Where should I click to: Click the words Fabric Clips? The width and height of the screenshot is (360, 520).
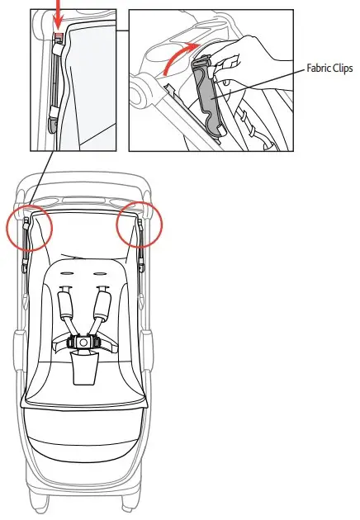click(329, 69)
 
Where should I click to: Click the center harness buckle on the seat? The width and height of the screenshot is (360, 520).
click(83, 340)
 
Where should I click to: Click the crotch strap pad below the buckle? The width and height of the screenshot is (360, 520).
click(83, 366)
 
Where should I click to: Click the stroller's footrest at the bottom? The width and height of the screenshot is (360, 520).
click(82, 437)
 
